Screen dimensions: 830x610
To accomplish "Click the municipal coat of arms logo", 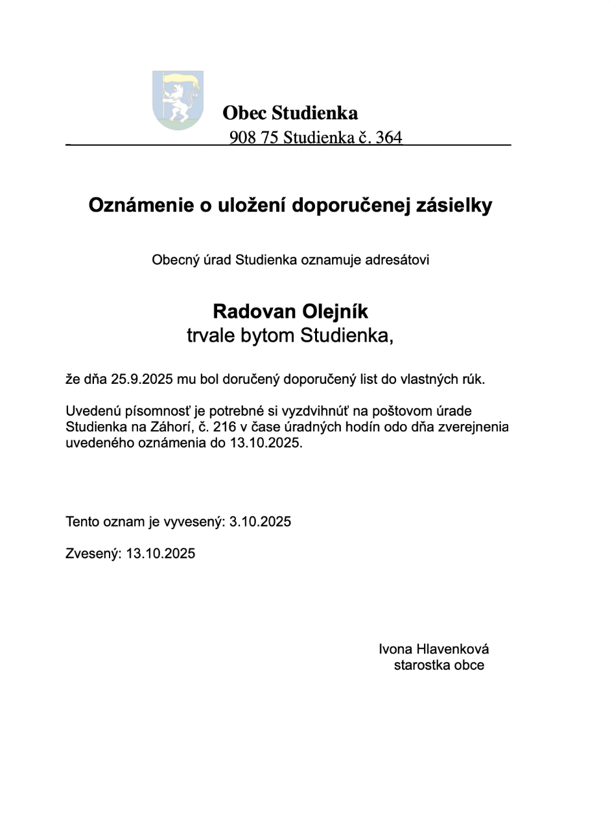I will (x=178, y=100).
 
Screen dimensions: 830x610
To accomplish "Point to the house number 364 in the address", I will (x=388, y=138).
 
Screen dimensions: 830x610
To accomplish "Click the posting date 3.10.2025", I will (x=260, y=522).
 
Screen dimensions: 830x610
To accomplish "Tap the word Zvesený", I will (x=93, y=554).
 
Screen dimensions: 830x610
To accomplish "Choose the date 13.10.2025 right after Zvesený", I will (x=161, y=554).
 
